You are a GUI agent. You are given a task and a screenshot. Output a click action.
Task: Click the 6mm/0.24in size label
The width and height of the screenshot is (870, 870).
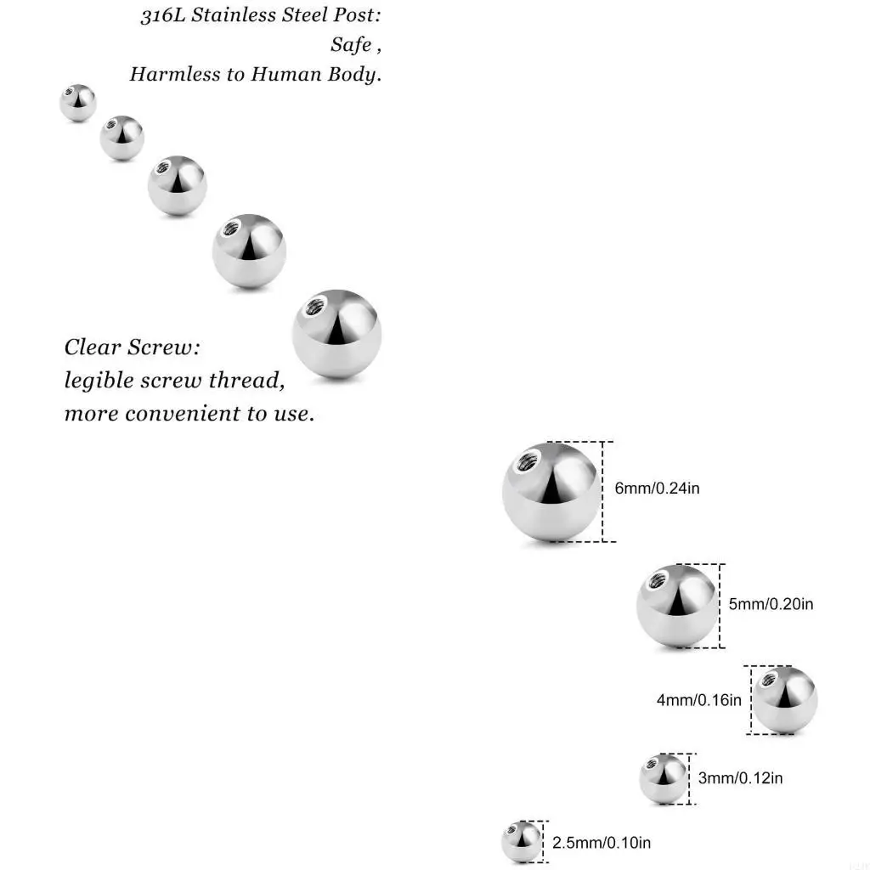tap(657, 489)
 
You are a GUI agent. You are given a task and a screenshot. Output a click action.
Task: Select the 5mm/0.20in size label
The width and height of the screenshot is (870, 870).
tap(771, 604)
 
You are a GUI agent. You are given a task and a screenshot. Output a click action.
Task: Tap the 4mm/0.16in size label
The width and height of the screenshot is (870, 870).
tap(698, 700)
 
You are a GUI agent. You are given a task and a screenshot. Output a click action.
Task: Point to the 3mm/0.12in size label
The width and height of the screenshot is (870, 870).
tap(740, 777)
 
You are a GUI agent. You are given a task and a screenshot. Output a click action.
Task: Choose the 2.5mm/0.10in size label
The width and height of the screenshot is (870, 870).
tap(602, 843)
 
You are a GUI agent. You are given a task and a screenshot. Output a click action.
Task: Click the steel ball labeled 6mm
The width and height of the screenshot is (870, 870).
tap(551, 493)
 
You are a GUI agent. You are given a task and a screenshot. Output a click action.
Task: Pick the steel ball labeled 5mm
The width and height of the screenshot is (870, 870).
tap(676, 606)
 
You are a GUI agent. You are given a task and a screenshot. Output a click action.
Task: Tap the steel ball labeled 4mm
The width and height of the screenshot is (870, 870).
tap(785, 701)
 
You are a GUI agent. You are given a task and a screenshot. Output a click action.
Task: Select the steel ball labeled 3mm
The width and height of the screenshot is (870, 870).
tap(663, 778)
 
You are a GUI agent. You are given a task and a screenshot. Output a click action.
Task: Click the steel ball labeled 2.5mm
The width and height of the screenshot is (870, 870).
tap(521, 842)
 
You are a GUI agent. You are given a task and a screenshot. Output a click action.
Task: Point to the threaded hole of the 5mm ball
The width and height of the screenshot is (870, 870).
tap(657, 582)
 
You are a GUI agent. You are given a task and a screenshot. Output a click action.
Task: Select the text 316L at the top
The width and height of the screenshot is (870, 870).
tap(162, 17)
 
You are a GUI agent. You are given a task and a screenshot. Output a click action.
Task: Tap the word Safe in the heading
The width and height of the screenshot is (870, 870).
tap(351, 45)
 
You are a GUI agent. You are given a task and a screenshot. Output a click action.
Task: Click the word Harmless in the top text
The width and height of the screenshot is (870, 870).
tap(175, 74)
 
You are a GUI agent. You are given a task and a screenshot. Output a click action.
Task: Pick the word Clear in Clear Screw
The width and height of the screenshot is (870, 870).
tap(93, 347)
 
